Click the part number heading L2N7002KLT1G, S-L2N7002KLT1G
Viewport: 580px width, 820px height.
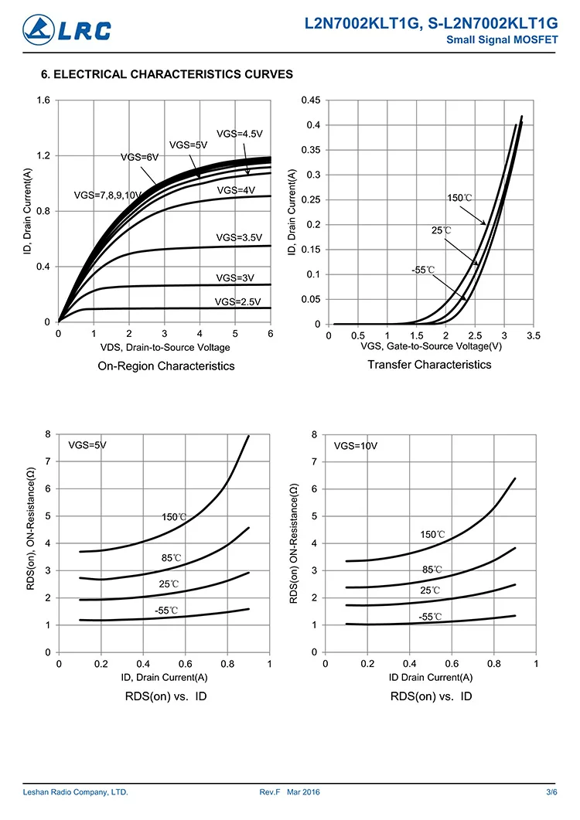[x=432, y=26]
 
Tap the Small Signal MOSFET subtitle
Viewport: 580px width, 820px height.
[x=503, y=40]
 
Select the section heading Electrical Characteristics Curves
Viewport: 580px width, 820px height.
[x=166, y=75]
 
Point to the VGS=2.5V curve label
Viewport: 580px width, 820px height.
[x=238, y=301]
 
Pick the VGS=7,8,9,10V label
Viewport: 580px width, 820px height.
[x=107, y=195]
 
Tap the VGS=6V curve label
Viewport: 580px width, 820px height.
[x=139, y=157]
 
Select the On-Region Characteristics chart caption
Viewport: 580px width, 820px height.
[x=166, y=366]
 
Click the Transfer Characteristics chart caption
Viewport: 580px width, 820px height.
[x=429, y=364]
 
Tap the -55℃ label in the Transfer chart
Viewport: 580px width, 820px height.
[x=423, y=270]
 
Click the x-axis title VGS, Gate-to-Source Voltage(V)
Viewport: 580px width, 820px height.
[x=431, y=346]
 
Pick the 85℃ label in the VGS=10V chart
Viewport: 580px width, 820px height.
[x=432, y=570]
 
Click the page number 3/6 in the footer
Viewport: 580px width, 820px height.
[x=551, y=792]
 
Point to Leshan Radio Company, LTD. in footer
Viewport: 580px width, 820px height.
[x=75, y=792]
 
